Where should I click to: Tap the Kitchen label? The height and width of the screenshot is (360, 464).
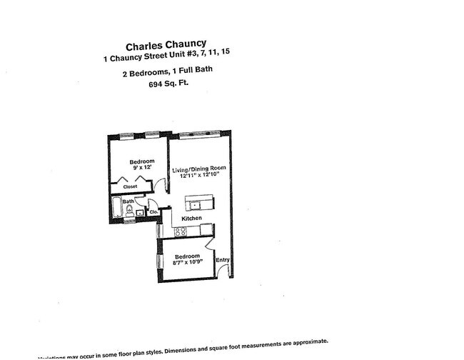click(x=191, y=218)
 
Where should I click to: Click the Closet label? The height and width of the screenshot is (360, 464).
click(x=130, y=186)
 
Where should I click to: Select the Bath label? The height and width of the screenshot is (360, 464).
click(x=128, y=202)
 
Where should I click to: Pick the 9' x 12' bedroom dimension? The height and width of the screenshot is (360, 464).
click(x=141, y=167)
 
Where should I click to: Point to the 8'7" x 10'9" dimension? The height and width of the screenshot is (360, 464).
click(x=190, y=262)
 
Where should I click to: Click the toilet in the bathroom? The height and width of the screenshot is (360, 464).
click(x=129, y=211)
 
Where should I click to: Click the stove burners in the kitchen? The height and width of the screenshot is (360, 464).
click(x=181, y=231)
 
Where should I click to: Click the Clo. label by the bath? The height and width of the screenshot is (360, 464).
click(x=153, y=211)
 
